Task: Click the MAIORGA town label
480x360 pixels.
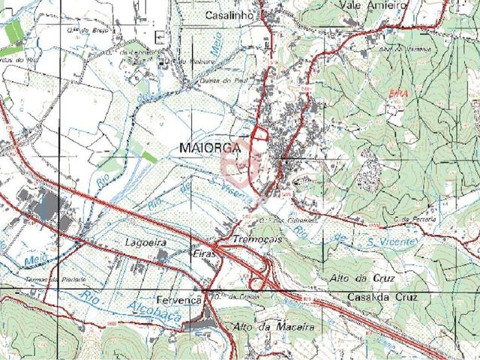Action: (x=211, y=148)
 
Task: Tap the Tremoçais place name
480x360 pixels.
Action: (x=257, y=238)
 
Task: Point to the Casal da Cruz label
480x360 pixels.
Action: (x=380, y=297)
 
